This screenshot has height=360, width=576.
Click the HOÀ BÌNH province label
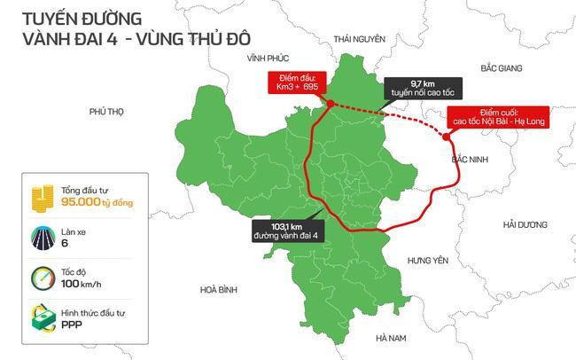pyautogui.click(x=219, y=289)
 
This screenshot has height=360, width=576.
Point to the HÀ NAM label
pyautogui.click(x=391, y=338)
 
